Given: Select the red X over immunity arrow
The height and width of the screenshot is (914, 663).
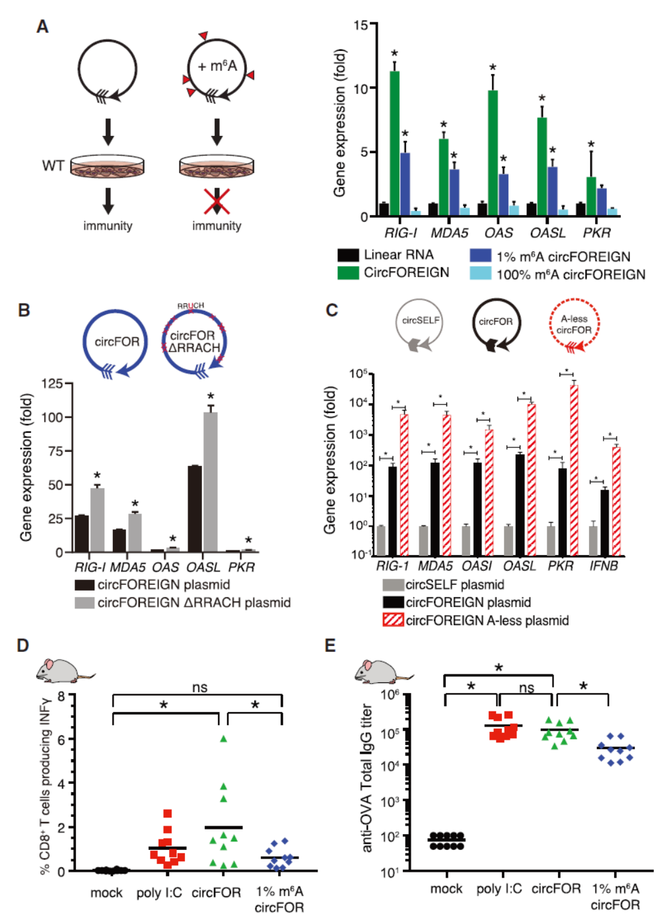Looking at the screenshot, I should tap(217, 201).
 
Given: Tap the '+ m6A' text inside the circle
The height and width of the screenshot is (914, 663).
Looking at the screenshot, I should tap(217, 66).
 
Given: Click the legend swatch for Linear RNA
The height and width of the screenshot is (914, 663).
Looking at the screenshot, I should tap(348, 255).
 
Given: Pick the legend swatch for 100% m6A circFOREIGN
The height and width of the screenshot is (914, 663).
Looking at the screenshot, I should tap(480, 274).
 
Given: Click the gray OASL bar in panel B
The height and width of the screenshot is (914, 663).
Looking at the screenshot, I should tap(211, 482).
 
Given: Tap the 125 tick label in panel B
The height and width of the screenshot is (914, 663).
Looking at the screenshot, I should tap(52, 383).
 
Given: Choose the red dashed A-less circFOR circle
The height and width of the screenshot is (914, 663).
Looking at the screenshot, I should tap(573, 324).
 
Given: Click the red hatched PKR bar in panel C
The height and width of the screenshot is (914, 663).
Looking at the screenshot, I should tap(574, 469).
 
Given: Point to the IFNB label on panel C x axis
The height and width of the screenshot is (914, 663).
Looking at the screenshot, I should tap(604, 566).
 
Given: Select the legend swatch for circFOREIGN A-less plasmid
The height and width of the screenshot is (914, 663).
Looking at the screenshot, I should tap(394, 620).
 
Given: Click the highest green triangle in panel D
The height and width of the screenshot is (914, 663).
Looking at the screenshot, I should tap(223, 739).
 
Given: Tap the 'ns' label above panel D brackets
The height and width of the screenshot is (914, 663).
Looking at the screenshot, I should tap(199, 688).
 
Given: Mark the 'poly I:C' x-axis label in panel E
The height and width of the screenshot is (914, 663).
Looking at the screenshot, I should tap(499, 889).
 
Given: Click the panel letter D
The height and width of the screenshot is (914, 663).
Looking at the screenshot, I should tap(23, 645).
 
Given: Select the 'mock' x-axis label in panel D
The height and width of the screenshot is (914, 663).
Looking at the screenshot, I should tap(106, 893).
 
